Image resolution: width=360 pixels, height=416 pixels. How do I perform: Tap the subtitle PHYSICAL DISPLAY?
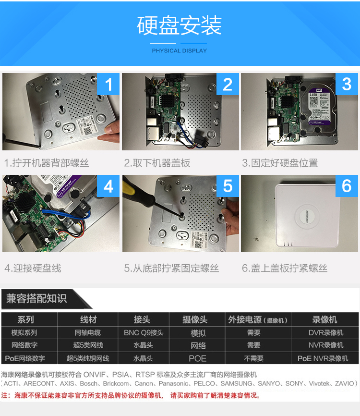click(180, 50)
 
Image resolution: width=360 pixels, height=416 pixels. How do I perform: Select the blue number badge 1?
click(108, 85)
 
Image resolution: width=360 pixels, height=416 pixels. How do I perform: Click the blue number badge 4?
click(108, 186)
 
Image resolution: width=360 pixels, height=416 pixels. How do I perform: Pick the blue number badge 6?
click(347, 186)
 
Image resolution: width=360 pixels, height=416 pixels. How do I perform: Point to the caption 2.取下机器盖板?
click(157, 163)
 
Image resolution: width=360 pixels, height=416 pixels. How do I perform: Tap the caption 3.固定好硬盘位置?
click(280, 163)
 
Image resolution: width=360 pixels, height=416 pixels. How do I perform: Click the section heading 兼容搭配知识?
click(36, 299)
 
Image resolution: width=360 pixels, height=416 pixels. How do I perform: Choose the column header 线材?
click(88, 319)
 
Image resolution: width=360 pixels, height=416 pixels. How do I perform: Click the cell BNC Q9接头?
click(143, 332)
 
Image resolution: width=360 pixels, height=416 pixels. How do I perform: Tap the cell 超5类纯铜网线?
click(88, 358)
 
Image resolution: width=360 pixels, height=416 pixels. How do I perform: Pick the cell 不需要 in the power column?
click(253, 358)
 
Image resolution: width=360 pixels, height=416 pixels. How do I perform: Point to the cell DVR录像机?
click(325, 332)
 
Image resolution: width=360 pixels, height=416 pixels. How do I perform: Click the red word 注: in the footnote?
click(7, 396)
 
